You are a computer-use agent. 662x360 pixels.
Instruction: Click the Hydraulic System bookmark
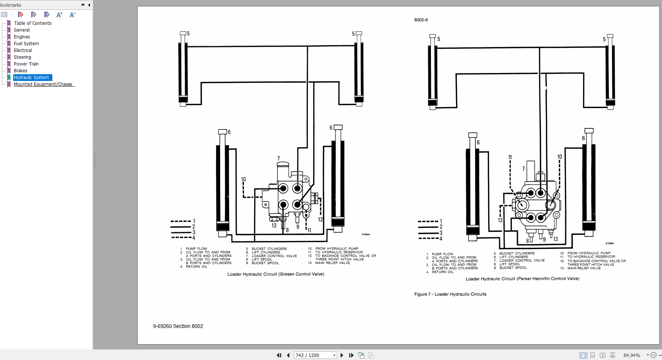pos(32,78)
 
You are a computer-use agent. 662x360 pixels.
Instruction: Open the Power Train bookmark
pos(26,64)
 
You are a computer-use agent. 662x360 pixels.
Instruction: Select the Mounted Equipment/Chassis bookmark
pos(43,84)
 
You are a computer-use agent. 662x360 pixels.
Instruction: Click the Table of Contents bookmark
pos(32,23)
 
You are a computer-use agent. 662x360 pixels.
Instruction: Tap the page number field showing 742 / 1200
pos(313,355)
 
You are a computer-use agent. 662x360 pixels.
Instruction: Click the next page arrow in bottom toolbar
pos(342,355)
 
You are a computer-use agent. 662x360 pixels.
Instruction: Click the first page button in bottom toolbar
pos(279,355)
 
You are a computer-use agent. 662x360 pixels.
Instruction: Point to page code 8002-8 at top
pos(421,20)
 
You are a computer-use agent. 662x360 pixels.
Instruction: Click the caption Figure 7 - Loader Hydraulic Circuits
pos(450,294)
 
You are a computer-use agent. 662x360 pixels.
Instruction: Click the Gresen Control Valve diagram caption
pos(275,274)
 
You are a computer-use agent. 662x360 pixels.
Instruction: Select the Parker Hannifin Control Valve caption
pos(522,279)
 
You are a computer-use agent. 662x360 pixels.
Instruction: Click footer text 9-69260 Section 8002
pos(178,326)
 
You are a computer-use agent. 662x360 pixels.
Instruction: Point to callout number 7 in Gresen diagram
pos(278,159)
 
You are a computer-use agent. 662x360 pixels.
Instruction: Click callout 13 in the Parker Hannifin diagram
pos(555,239)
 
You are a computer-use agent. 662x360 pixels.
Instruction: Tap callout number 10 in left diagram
pos(243,180)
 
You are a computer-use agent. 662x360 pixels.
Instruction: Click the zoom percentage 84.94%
pos(632,355)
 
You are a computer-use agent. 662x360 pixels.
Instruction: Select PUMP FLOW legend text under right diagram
pos(442,254)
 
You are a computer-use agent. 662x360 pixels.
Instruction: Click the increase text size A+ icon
pos(59,15)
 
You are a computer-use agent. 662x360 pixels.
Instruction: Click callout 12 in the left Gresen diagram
pos(320,220)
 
